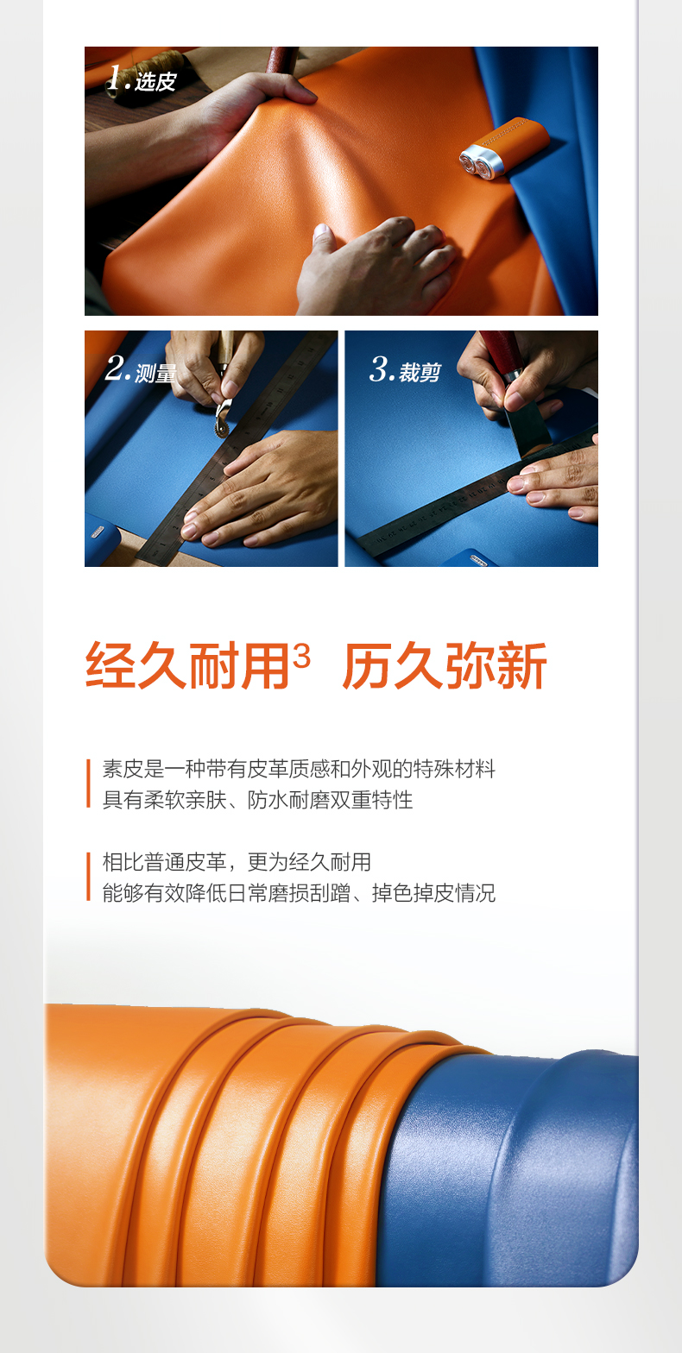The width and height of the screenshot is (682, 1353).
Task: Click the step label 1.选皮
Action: pyautogui.click(x=142, y=79)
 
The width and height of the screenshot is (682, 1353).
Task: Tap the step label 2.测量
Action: pyautogui.click(x=140, y=369)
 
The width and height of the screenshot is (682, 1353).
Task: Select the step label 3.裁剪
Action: pyautogui.click(x=406, y=369)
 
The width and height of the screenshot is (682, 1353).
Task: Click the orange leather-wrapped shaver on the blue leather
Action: pyautogui.click(x=504, y=148)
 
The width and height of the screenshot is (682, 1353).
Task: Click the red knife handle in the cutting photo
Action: pyautogui.click(x=502, y=353)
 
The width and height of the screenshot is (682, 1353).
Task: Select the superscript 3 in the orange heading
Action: pyautogui.click(x=302, y=656)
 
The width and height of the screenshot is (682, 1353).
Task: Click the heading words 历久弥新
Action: pyautogui.click(x=445, y=665)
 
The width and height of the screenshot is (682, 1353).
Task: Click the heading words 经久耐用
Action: pyautogui.click(x=188, y=665)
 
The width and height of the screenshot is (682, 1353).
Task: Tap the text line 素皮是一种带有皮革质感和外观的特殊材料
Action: pyautogui.click(x=299, y=769)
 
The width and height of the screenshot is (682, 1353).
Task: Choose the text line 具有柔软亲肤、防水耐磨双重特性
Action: pyautogui.click(x=258, y=800)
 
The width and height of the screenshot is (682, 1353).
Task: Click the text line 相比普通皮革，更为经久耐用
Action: pyautogui.click(x=237, y=862)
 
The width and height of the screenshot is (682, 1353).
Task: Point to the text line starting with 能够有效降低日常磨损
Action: pyautogui.click(x=299, y=893)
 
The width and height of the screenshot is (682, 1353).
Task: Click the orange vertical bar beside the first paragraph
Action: pyautogui.click(x=88, y=783)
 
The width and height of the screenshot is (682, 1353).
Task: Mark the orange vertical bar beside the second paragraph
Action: pyautogui.click(x=88, y=877)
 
